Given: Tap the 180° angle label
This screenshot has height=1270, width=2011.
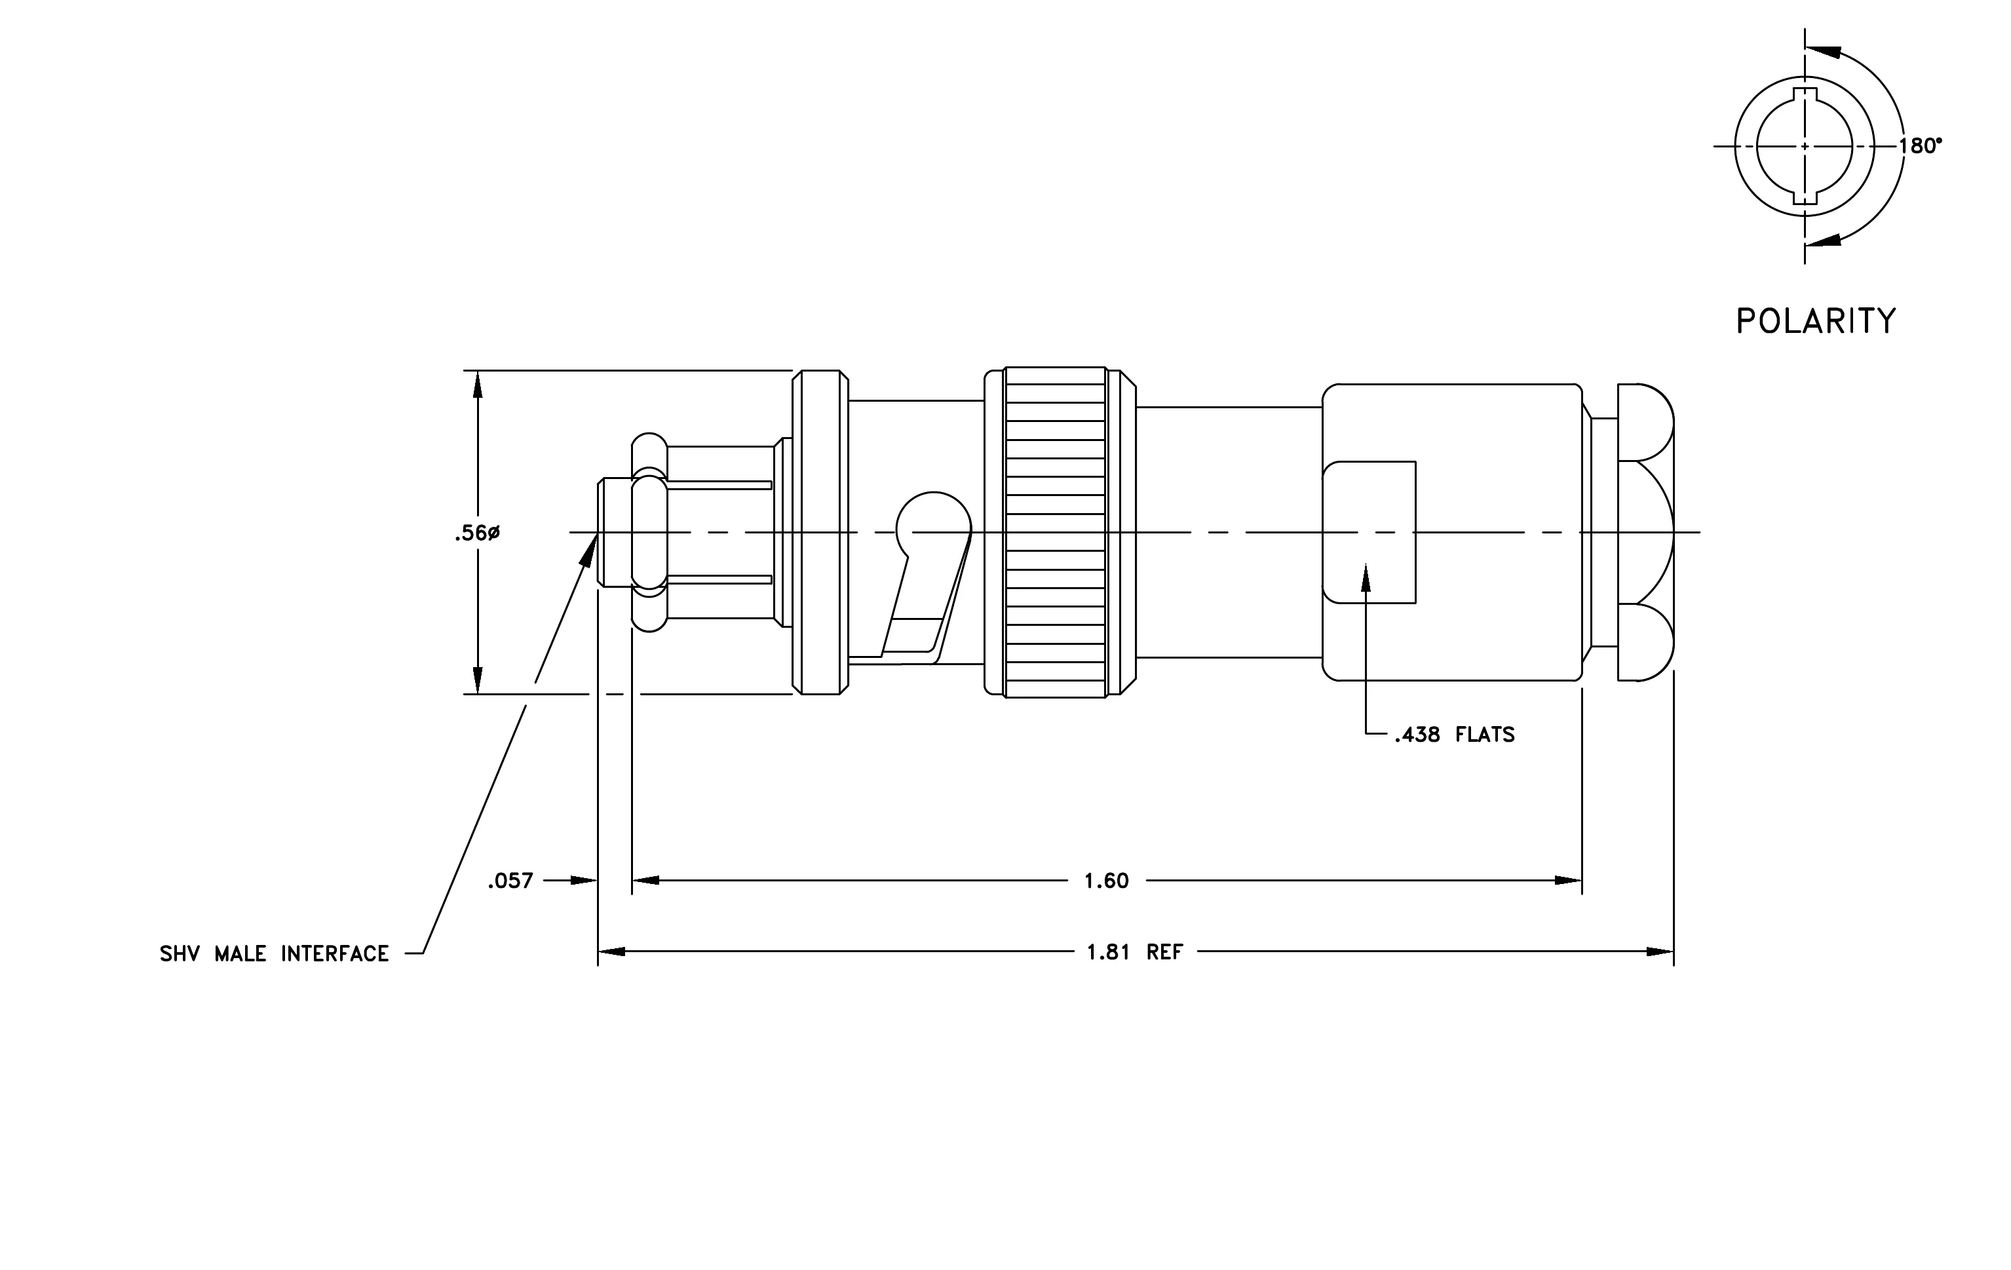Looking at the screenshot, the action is (x=1921, y=146).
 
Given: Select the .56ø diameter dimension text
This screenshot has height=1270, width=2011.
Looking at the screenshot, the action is (x=477, y=533).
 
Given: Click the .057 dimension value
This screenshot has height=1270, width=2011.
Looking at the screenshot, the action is (x=510, y=880).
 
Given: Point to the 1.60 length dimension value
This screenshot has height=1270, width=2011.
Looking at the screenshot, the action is (x=1107, y=880).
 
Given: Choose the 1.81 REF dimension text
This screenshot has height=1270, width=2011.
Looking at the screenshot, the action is (x=1135, y=952).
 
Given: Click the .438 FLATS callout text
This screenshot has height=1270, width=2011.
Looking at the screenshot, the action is (x=1454, y=735).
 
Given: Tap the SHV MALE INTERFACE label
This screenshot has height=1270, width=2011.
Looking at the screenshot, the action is (x=275, y=953).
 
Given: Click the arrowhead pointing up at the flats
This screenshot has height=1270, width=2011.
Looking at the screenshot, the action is (x=1366, y=577).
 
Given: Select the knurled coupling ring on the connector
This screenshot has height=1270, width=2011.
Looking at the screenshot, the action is (x=1056, y=532).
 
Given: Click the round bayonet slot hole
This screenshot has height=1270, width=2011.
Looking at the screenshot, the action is (x=934, y=526).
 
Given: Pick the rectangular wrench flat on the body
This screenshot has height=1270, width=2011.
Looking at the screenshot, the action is (x=1369, y=532).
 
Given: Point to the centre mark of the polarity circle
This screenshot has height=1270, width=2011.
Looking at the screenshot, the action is (x=1805, y=146).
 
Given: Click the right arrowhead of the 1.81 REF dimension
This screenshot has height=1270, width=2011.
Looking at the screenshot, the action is (x=1660, y=952).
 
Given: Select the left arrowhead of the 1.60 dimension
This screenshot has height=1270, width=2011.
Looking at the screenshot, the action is (x=645, y=880).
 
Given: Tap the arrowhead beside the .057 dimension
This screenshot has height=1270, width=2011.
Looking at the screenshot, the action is (x=584, y=880).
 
